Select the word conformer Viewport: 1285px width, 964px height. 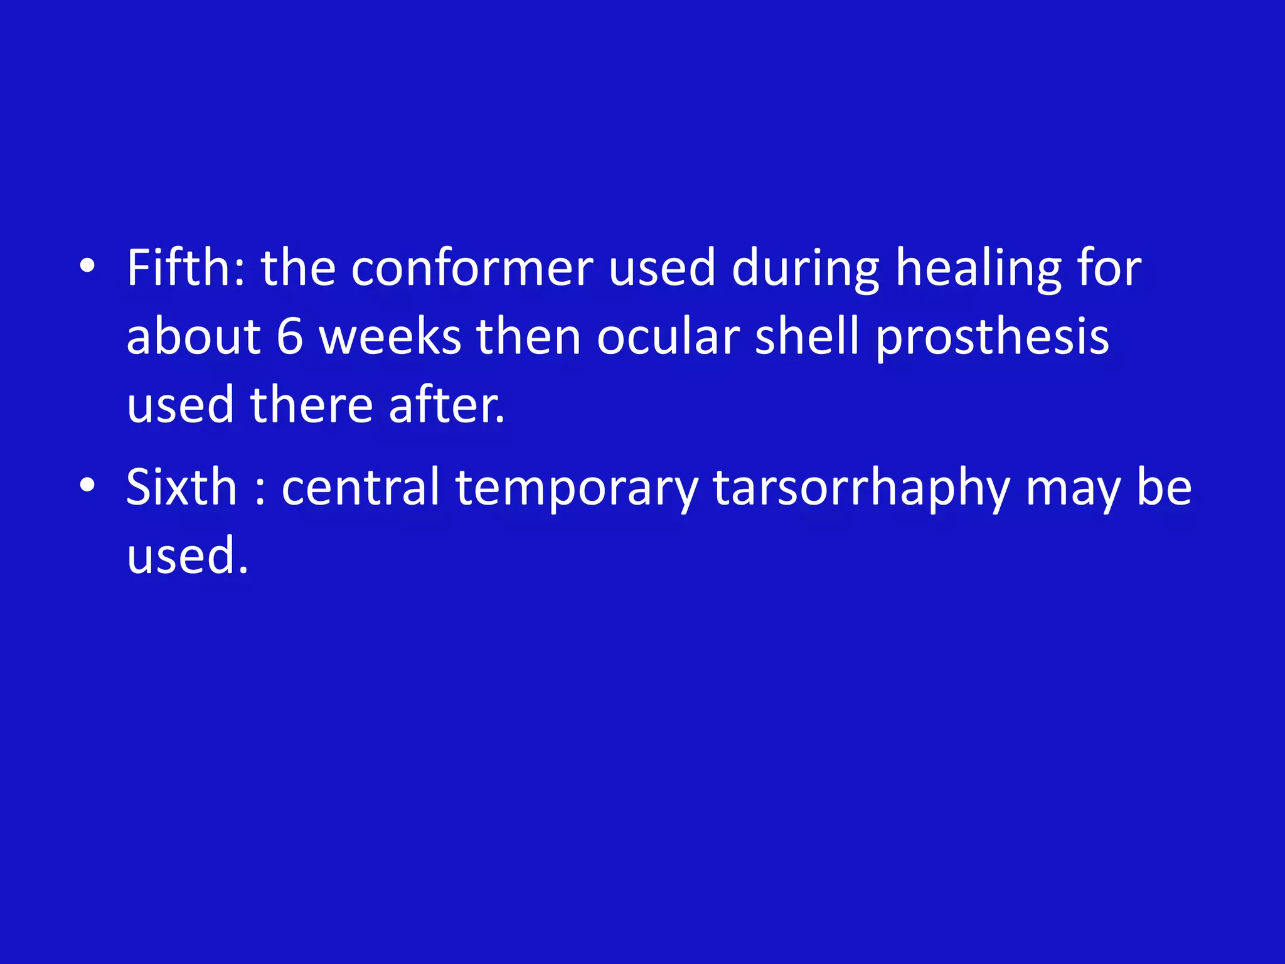(x=471, y=268)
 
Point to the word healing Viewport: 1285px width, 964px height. (x=978, y=268)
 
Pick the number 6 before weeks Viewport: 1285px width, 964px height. (x=290, y=337)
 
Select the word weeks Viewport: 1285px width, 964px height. (x=390, y=337)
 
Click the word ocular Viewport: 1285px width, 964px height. (x=668, y=337)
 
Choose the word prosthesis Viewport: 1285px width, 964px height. (x=992, y=337)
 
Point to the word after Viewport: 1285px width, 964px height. (x=445, y=405)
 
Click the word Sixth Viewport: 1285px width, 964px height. (x=181, y=487)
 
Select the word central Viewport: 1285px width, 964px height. (x=360, y=487)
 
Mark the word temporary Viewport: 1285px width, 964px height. (x=577, y=487)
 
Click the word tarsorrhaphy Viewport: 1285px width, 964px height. (x=861, y=487)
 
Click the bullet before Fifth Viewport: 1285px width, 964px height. (x=87, y=266)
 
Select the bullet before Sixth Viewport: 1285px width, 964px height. (x=87, y=485)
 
